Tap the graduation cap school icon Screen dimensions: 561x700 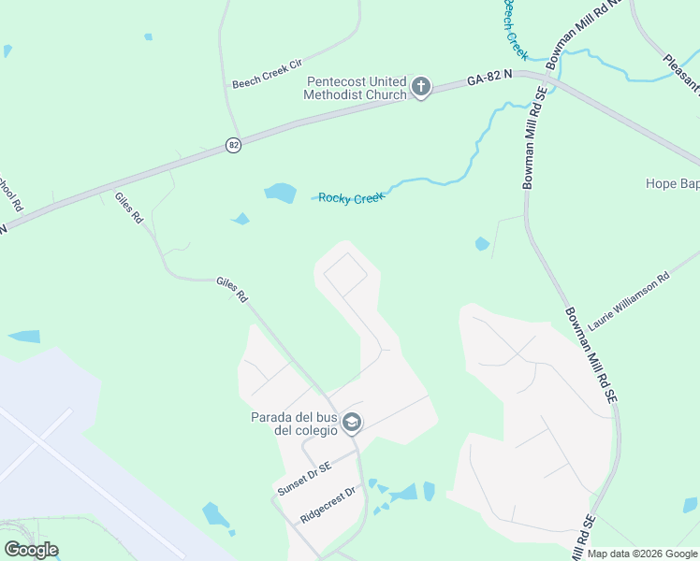(352, 424)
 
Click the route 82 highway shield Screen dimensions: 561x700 (233, 145)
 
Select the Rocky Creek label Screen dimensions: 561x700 (351, 198)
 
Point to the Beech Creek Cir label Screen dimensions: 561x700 (268, 74)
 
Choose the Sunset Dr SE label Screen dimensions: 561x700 (304, 480)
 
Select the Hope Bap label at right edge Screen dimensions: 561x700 (672, 183)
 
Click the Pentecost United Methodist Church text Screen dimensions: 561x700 (357, 88)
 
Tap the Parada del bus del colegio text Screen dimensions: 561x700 (294, 424)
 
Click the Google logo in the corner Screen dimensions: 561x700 (31, 550)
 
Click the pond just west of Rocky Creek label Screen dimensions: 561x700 (280, 193)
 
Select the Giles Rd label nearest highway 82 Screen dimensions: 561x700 (129, 207)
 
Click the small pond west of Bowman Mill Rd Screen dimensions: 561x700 (482, 244)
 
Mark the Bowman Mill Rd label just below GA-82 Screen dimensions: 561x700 (536, 138)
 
